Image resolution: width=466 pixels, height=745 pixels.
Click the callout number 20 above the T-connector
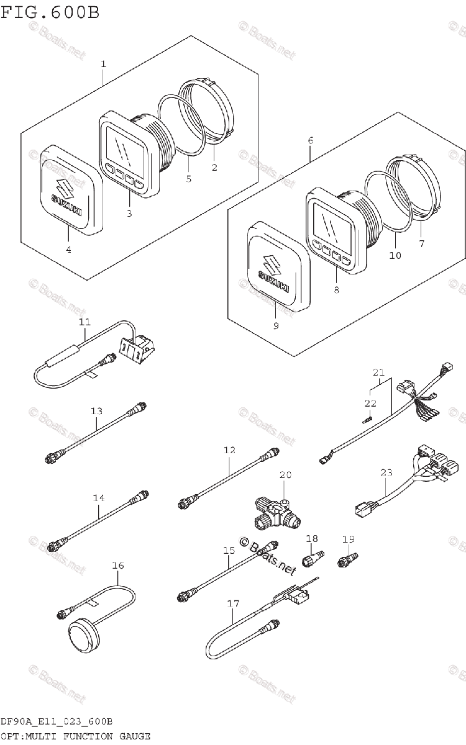tap(285, 475)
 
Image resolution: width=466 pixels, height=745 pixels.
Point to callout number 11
tap(85, 322)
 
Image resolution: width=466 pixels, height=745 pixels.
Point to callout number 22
tap(370, 404)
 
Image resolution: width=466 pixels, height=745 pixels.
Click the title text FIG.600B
tap(49, 12)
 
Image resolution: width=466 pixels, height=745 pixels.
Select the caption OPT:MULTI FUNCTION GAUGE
tap(75, 736)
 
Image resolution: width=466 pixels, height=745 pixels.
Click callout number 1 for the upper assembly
tap(103, 64)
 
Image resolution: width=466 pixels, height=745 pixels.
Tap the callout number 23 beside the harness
tap(387, 473)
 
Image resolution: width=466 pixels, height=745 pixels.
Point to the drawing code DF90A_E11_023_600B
tap(56, 721)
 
